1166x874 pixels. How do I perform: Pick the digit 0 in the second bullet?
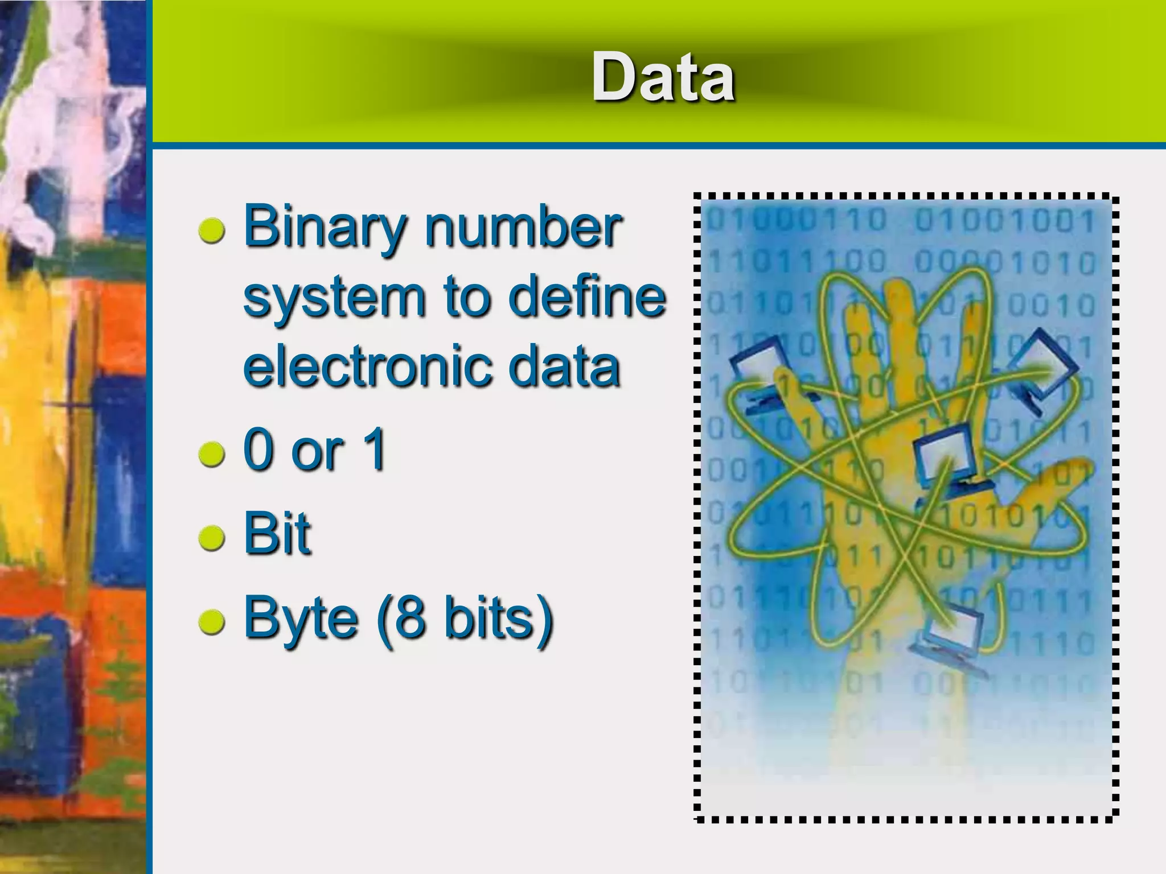[260, 450]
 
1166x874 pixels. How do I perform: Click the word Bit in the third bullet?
[277, 533]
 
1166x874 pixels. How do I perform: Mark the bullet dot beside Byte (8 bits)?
[212, 622]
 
